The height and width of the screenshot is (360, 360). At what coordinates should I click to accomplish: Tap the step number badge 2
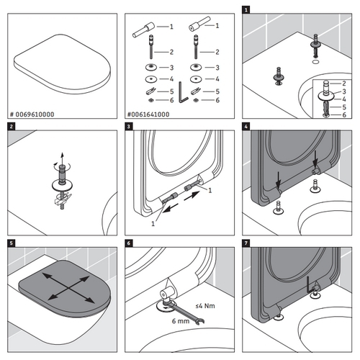[11, 127]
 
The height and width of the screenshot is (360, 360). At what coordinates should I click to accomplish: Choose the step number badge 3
[128, 127]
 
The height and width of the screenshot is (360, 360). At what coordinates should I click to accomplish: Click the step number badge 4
[246, 127]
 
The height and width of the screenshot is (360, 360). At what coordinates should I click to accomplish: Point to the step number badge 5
[11, 245]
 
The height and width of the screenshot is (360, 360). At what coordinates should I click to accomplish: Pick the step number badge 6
[128, 245]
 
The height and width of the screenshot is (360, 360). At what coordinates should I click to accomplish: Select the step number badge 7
[246, 245]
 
